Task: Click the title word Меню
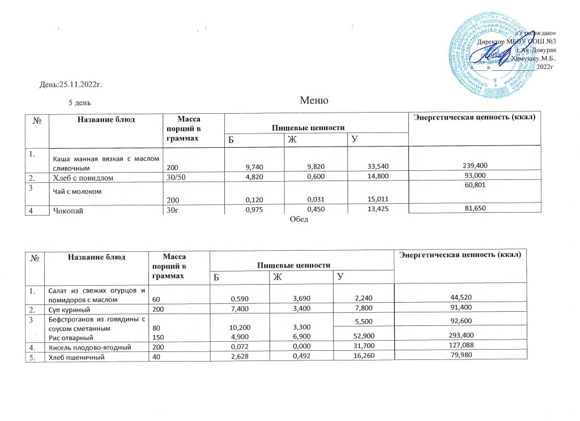(x=314, y=101)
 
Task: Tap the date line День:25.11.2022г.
(x=70, y=85)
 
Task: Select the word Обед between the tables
(x=299, y=219)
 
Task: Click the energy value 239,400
(x=475, y=165)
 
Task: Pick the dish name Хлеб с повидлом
(x=81, y=178)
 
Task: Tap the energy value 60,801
(x=475, y=190)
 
